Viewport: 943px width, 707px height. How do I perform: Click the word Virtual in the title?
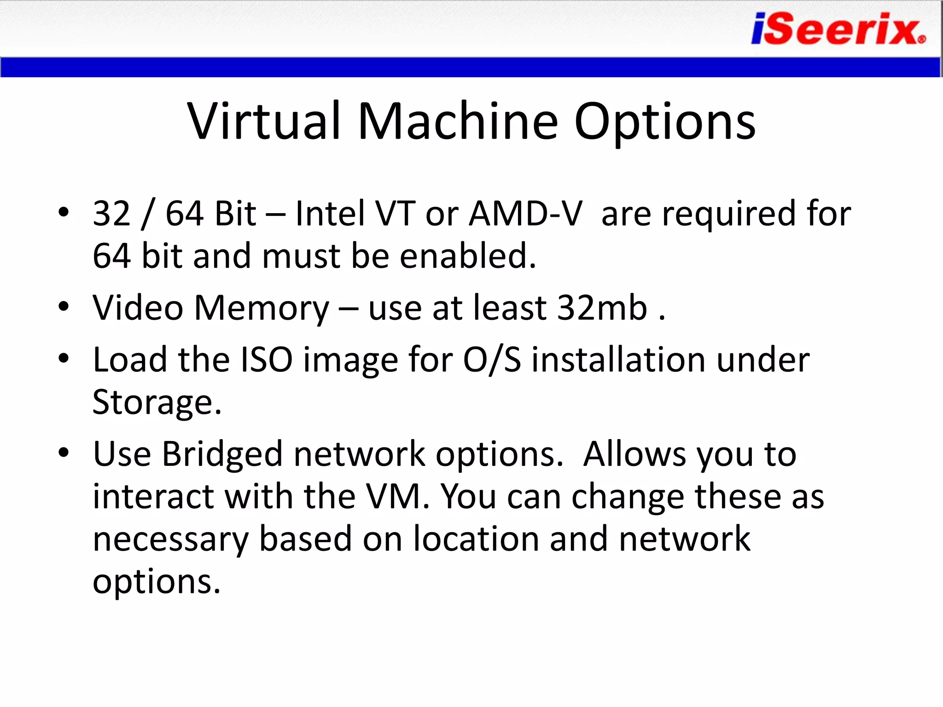tap(264, 122)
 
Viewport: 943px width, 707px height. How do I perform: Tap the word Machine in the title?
tap(458, 122)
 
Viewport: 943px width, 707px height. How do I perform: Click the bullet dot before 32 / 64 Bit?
tap(64, 213)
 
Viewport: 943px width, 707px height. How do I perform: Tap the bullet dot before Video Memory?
tap(64, 307)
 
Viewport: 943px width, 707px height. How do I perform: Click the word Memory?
tap(262, 308)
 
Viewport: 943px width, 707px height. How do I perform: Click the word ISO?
tap(267, 359)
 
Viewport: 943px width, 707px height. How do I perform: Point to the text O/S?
tap(492, 359)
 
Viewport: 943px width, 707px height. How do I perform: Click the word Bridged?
tap(222, 454)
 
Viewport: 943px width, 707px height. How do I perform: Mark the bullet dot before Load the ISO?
tap(64, 359)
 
